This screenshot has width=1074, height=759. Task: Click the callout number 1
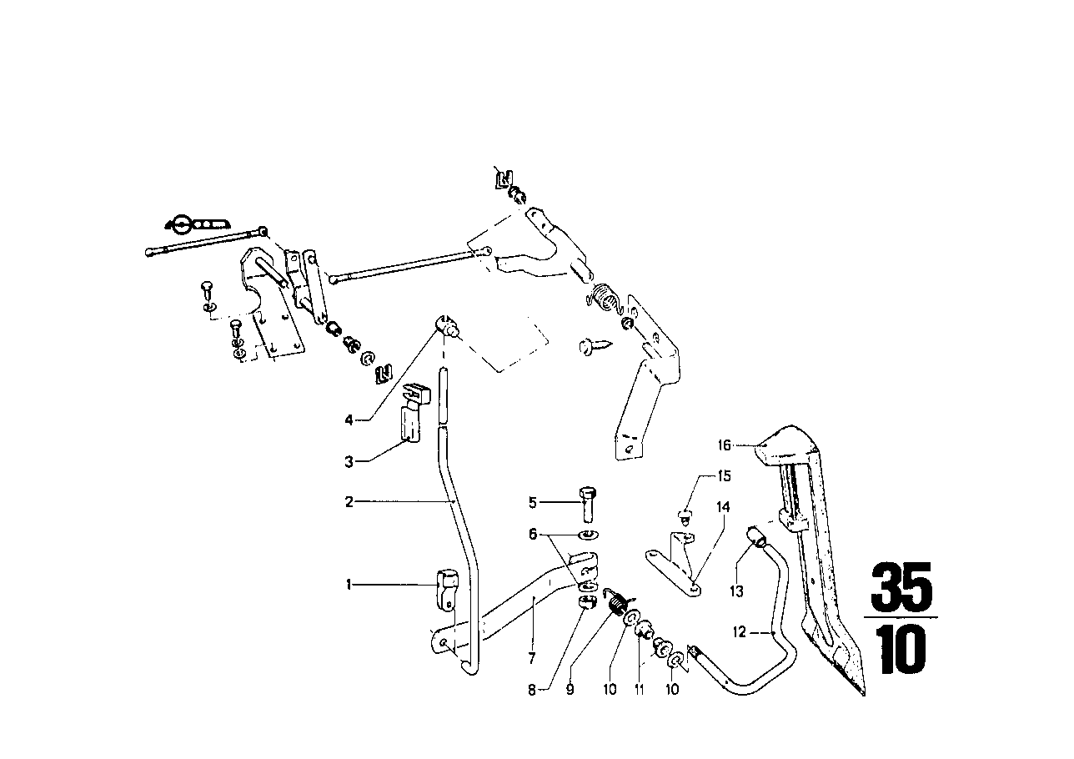pyautogui.click(x=349, y=585)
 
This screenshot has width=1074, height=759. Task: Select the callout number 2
pyautogui.click(x=349, y=502)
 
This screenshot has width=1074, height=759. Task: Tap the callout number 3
pyautogui.click(x=349, y=460)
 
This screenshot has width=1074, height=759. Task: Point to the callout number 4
pyautogui.click(x=349, y=420)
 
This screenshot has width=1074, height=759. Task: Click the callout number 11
pyautogui.click(x=640, y=690)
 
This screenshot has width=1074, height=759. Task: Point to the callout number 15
pyautogui.click(x=724, y=476)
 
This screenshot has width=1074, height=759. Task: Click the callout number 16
pyautogui.click(x=724, y=445)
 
